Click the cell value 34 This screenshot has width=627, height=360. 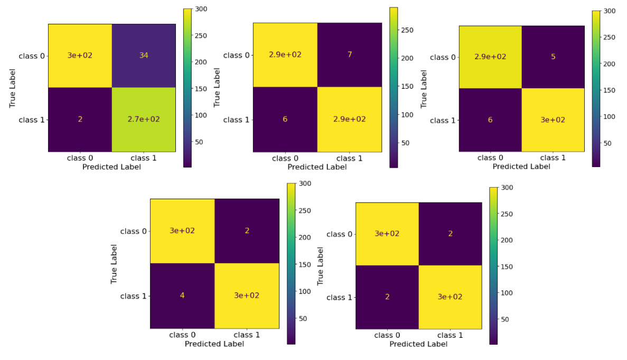(144, 56)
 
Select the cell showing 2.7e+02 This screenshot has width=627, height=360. (144, 119)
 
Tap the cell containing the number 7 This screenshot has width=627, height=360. (349, 55)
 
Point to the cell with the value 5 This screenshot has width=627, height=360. (553, 57)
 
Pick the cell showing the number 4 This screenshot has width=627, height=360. (182, 295)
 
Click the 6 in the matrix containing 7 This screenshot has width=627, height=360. (285, 119)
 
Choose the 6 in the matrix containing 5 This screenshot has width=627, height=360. (490, 120)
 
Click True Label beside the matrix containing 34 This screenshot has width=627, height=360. (13, 88)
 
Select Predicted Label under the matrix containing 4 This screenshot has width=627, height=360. (214, 344)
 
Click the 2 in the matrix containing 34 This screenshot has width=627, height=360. (80, 119)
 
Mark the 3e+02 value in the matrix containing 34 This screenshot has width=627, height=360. (80, 56)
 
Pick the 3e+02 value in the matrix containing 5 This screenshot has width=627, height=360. (553, 120)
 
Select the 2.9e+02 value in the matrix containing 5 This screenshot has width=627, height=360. (490, 57)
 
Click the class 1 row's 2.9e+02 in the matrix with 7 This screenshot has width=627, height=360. (349, 119)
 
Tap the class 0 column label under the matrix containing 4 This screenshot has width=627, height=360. (182, 335)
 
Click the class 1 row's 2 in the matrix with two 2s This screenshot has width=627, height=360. (387, 297)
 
